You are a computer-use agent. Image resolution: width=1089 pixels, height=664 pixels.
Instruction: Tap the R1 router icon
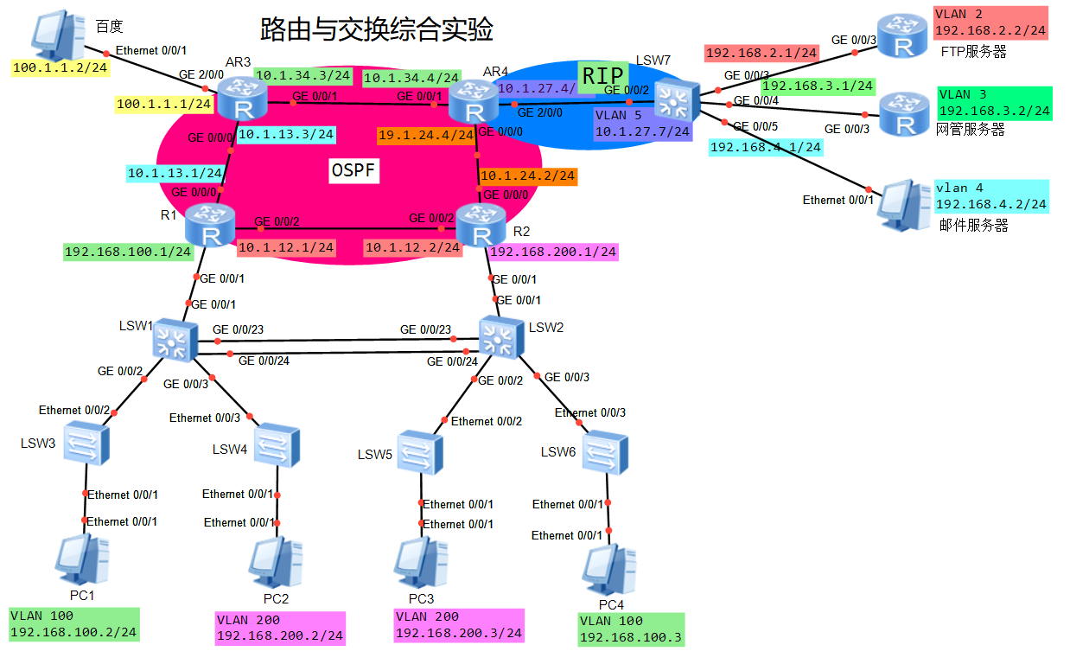point(210,227)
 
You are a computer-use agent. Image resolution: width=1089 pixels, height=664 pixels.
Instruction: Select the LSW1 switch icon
point(175,340)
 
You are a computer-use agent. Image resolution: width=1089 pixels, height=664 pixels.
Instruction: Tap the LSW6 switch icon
point(606,452)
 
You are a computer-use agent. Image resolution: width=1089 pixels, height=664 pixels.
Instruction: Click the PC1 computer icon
point(82,561)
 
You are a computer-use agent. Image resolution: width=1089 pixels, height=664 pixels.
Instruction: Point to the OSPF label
point(354,170)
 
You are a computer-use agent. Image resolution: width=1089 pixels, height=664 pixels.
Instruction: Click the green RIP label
point(602,76)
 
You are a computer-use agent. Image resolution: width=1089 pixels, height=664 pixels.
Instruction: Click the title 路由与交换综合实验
point(377,30)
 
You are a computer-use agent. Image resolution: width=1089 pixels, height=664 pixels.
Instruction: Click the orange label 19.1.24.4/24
point(425,135)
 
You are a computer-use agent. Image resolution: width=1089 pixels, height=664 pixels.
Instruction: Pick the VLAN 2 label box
point(990,22)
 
